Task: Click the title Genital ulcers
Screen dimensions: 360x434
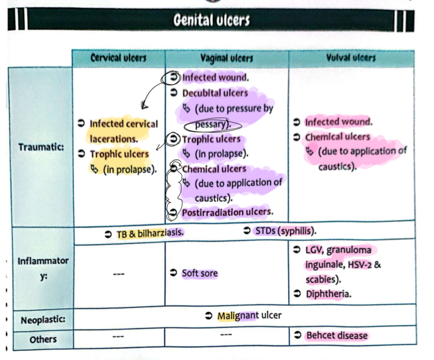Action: pos(212,20)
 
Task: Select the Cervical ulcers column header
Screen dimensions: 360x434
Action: pos(118,58)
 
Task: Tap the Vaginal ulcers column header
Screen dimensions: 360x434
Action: pos(226,58)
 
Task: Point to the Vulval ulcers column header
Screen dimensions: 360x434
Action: pos(351,57)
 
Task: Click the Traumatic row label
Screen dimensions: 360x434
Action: pos(41,147)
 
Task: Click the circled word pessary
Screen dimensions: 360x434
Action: pos(212,125)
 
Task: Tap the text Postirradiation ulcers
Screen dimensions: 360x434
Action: pos(227,212)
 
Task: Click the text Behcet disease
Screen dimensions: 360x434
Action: pos(336,335)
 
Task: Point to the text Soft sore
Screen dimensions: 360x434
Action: pos(199,273)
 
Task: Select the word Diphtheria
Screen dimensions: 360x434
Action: pos(327,294)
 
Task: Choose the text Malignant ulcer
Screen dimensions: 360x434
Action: pos(249,316)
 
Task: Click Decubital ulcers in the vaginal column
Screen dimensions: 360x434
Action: pos(215,93)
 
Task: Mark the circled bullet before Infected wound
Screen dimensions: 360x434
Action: pos(173,78)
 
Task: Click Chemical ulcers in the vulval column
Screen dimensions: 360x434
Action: pos(337,137)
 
